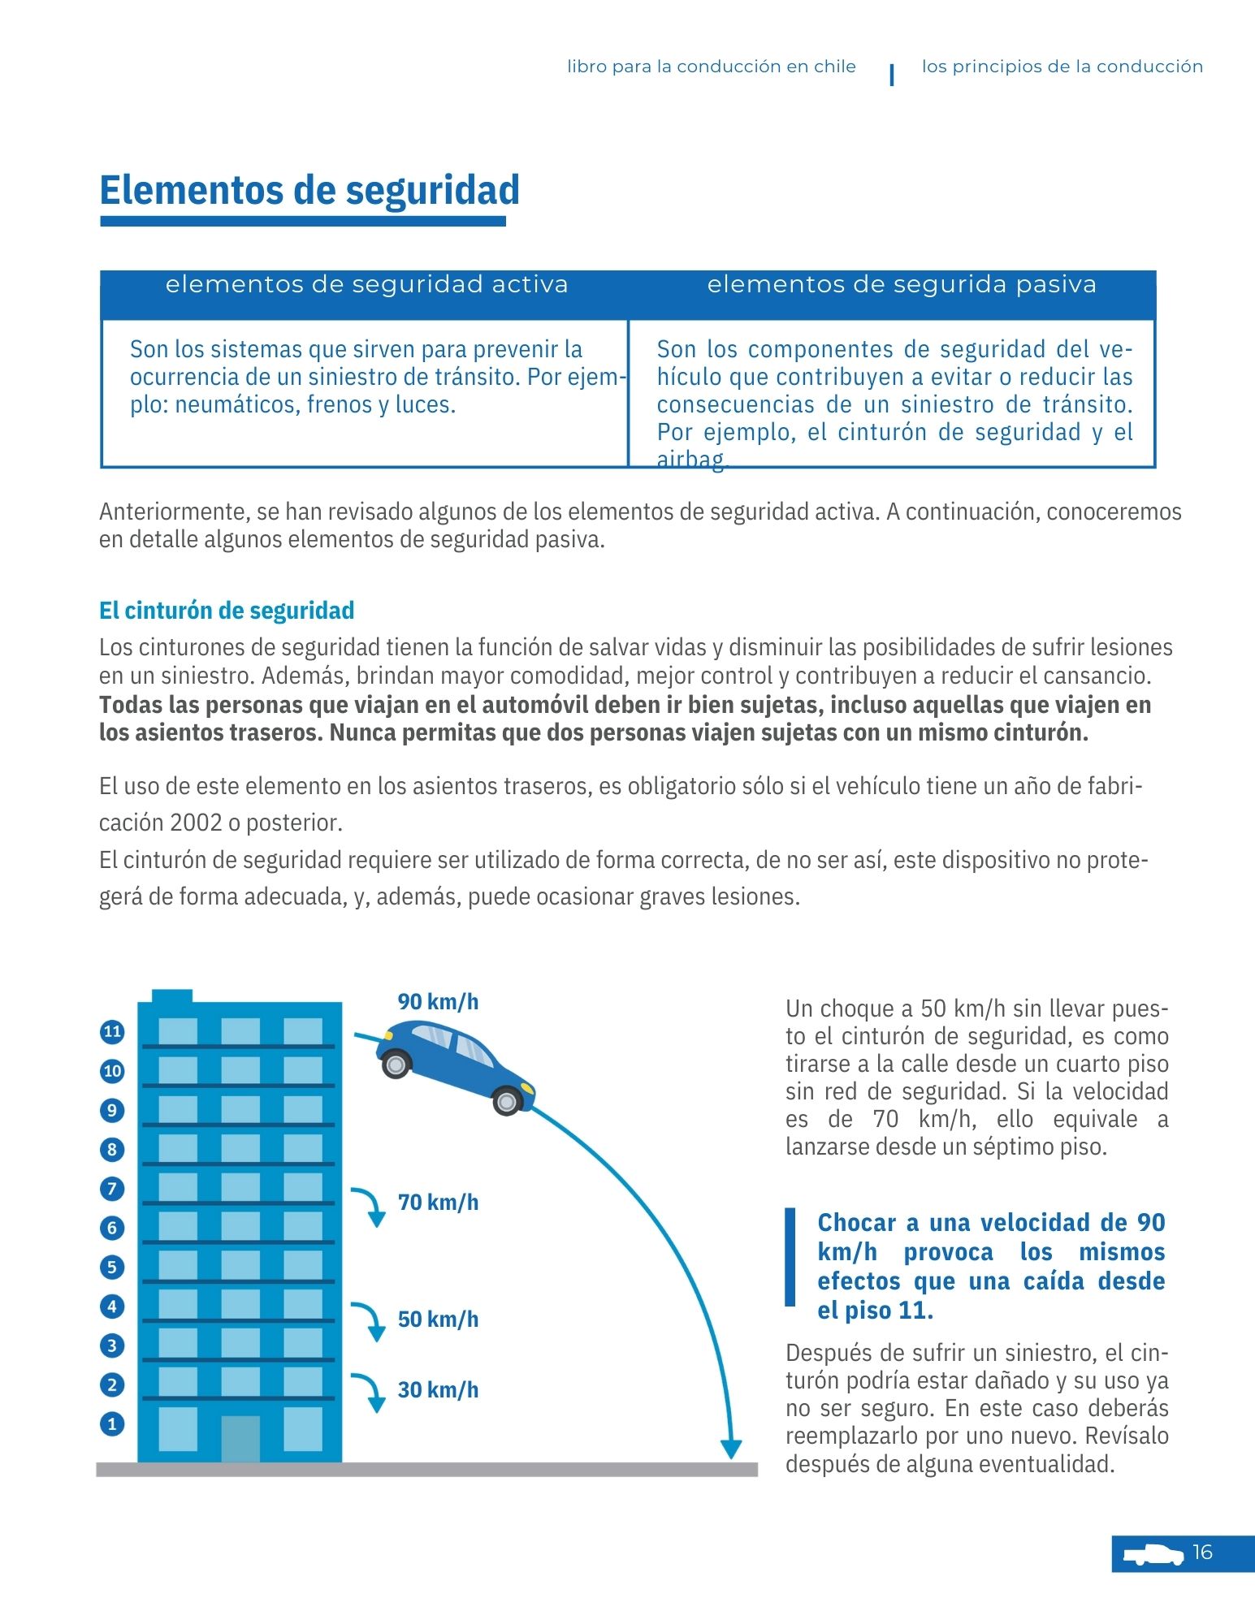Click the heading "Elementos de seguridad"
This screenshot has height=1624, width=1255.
309,190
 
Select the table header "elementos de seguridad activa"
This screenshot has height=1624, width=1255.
366,284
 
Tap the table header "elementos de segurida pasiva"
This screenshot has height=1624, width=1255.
902,284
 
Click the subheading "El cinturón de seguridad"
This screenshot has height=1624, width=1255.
227,611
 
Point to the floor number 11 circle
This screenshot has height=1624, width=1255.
112,1032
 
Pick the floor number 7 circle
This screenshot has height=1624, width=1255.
112,1189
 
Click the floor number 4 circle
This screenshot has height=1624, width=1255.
112,1307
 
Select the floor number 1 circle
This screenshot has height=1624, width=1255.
112,1423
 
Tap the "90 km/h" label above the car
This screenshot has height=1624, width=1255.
438,1002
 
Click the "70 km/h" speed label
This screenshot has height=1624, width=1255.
438,1203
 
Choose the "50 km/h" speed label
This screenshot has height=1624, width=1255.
438,1319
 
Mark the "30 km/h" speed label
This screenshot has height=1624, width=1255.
438,1390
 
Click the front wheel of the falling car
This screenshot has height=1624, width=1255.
507,1101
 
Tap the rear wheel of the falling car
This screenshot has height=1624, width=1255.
396,1064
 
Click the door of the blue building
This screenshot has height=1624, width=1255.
240,1438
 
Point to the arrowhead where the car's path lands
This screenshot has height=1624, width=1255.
731,1449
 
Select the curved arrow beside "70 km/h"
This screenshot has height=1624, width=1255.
369,1206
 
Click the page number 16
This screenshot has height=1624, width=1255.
1202,1553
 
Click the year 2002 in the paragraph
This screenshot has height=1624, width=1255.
196,823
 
